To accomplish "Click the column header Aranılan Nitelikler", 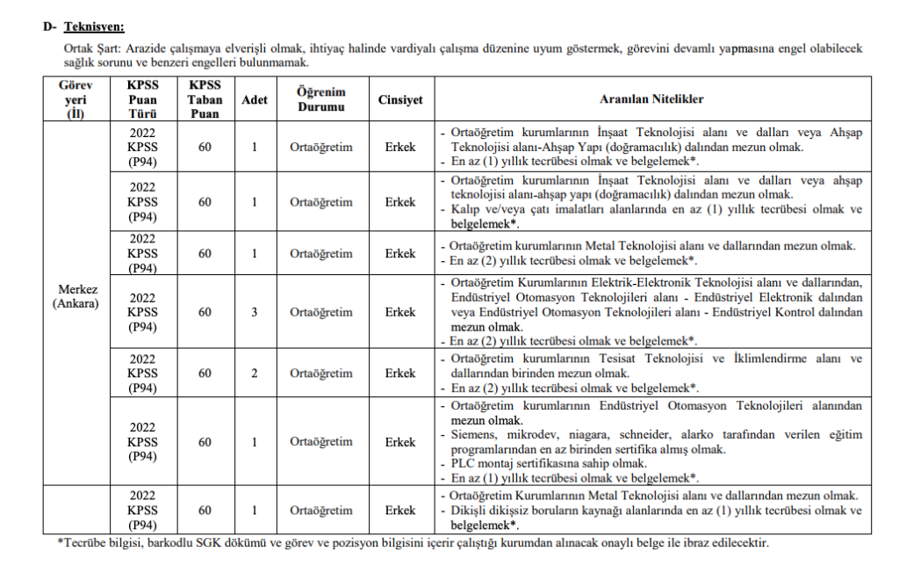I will [x=651, y=99].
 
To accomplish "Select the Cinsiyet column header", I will [x=399, y=99].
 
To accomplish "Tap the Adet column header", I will [x=254, y=99].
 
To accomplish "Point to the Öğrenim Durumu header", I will [x=320, y=99].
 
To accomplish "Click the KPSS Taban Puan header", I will [x=205, y=99].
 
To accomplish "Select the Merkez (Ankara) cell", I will [x=77, y=296].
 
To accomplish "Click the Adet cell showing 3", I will [x=254, y=312].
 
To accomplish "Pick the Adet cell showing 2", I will [x=254, y=374].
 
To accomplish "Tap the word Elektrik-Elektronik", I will [x=635, y=282].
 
